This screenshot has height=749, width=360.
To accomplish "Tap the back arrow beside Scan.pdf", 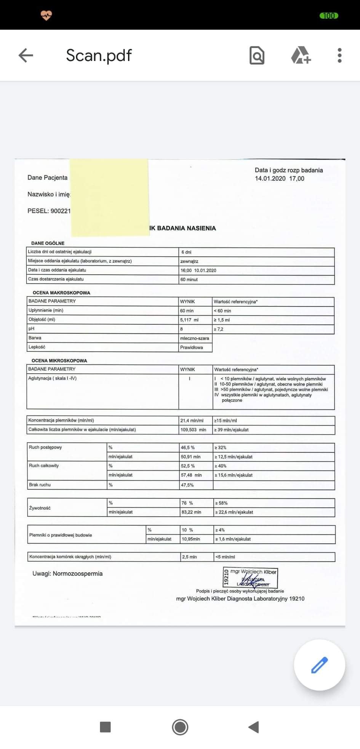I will click(x=26, y=55).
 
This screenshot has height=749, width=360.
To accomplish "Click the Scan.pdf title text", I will click(x=99, y=55).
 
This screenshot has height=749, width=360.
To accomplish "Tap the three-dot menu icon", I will click(x=339, y=55).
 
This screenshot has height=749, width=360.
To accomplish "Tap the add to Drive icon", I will click(x=301, y=55).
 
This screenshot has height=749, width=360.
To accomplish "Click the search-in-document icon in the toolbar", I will click(x=257, y=56).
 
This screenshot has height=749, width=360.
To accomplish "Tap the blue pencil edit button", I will click(x=319, y=665).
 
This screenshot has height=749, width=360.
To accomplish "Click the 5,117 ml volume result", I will click(x=189, y=320).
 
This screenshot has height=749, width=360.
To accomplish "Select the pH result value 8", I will click(x=181, y=329).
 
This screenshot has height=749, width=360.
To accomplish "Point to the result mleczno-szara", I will click(x=194, y=338).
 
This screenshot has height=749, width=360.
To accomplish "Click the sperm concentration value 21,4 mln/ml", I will click(x=192, y=421).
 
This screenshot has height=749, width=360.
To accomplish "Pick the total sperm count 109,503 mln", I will click(x=193, y=430).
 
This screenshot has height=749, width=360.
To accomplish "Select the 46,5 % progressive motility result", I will click(x=188, y=448).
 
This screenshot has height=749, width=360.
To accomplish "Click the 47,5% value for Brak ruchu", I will click(x=187, y=485).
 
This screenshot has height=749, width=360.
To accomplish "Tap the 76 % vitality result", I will click(x=187, y=503).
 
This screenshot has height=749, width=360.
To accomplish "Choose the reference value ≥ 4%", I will click(x=220, y=530).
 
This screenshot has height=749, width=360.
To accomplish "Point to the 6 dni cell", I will click(x=186, y=252).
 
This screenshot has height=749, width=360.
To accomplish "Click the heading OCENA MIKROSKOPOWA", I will click(x=59, y=360).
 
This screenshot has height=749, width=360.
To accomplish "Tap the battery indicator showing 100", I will click(x=328, y=16).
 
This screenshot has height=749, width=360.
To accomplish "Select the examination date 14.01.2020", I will click(x=270, y=178).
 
